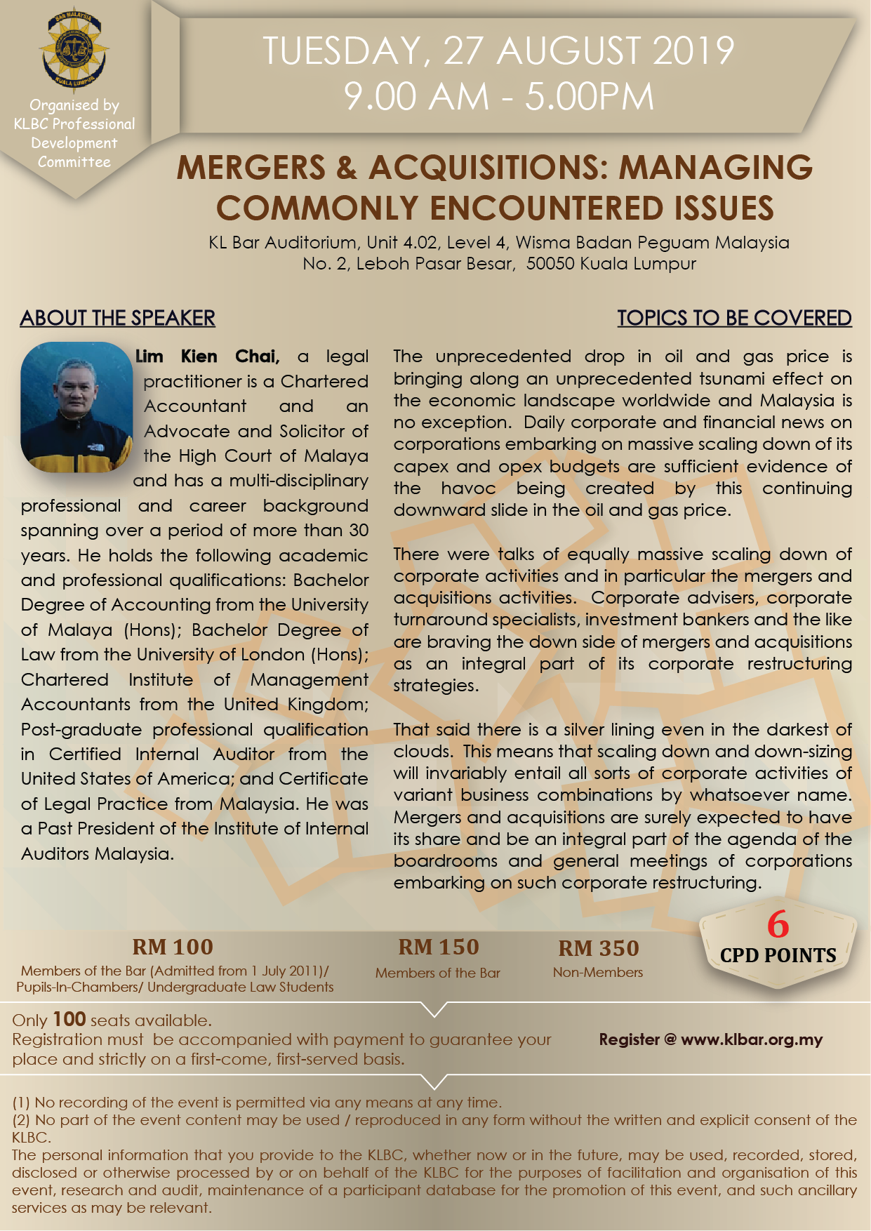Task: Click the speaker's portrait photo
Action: (x=77, y=406)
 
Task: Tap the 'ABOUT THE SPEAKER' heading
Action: (x=117, y=318)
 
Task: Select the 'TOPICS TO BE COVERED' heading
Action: (x=734, y=318)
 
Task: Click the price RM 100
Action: (x=173, y=947)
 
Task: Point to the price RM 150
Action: (x=438, y=947)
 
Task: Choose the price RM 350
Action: (x=599, y=948)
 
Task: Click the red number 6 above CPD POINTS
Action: (x=778, y=925)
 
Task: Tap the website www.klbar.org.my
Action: (x=752, y=1039)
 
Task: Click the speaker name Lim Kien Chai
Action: (x=207, y=357)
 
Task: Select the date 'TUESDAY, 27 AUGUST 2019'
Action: (x=498, y=51)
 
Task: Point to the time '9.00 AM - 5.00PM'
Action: (x=498, y=97)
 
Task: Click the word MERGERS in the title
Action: (x=251, y=168)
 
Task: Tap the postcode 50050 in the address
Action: (x=551, y=264)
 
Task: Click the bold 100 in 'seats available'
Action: (x=69, y=1019)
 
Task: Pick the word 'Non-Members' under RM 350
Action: (x=598, y=973)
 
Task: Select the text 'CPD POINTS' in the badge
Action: (x=778, y=956)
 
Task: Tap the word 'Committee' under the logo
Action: (x=74, y=162)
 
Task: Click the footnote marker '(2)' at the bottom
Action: (x=21, y=1120)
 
